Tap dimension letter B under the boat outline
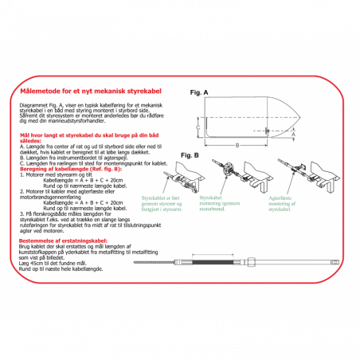click(237, 145)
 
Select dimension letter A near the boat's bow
click(292, 134)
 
